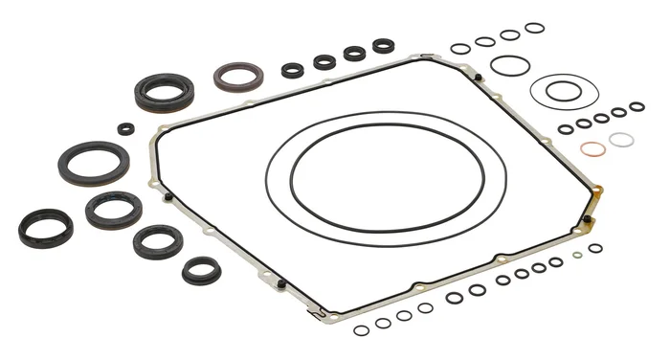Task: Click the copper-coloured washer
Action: pyautogui.click(x=593, y=149)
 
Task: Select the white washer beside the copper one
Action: pyautogui.click(x=621, y=140)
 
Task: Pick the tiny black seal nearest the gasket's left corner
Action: pyautogui.click(x=126, y=128)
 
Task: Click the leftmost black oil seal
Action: pyautogui.click(x=45, y=228)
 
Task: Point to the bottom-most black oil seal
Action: pyautogui.click(x=201, y=270)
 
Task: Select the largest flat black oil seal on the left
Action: pyautogui.click(x=93, y=162)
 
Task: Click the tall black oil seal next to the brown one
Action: pyautogui.click(x=164, y=92)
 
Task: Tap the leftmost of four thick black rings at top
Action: pyautogui.click(x=293, y=70)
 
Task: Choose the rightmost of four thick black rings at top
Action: pyautogui.click(x=384, y=45)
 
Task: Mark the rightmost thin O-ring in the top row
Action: pyautogui.click(x=534, y=28)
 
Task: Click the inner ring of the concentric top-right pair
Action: pyautogui.click(x=564, y=90)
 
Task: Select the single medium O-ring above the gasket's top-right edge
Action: pyautogui.click(x=509, y=65)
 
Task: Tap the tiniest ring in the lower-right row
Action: pyautogui.click(x=576, y=255)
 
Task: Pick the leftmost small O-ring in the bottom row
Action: pyautogui.click(x=361, y=330)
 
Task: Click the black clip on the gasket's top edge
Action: pyautogui.click(x=477, y=77)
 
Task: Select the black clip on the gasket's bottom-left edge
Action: pyautogui.click(x=281, y=283)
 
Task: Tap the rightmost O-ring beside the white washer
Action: pyautogui.click(x=637, y=105)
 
